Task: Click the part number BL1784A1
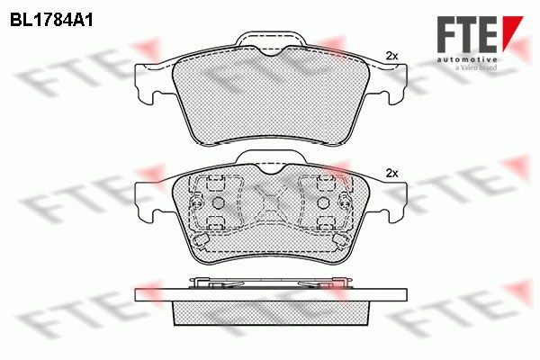point(51,21)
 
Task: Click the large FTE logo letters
point(467,35)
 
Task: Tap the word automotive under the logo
point(467,59)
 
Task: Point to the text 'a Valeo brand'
point(476,67)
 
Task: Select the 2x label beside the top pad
point(391,56)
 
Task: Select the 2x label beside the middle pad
point(391,174)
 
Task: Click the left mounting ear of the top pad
point(148,84)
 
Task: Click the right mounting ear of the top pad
point(392,84)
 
